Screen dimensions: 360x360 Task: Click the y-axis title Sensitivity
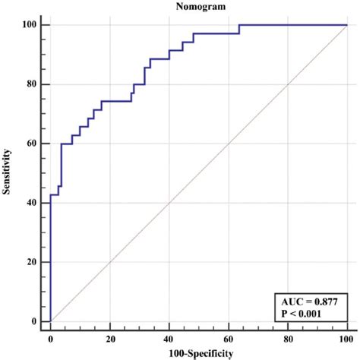7,172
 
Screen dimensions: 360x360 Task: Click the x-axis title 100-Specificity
198,353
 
